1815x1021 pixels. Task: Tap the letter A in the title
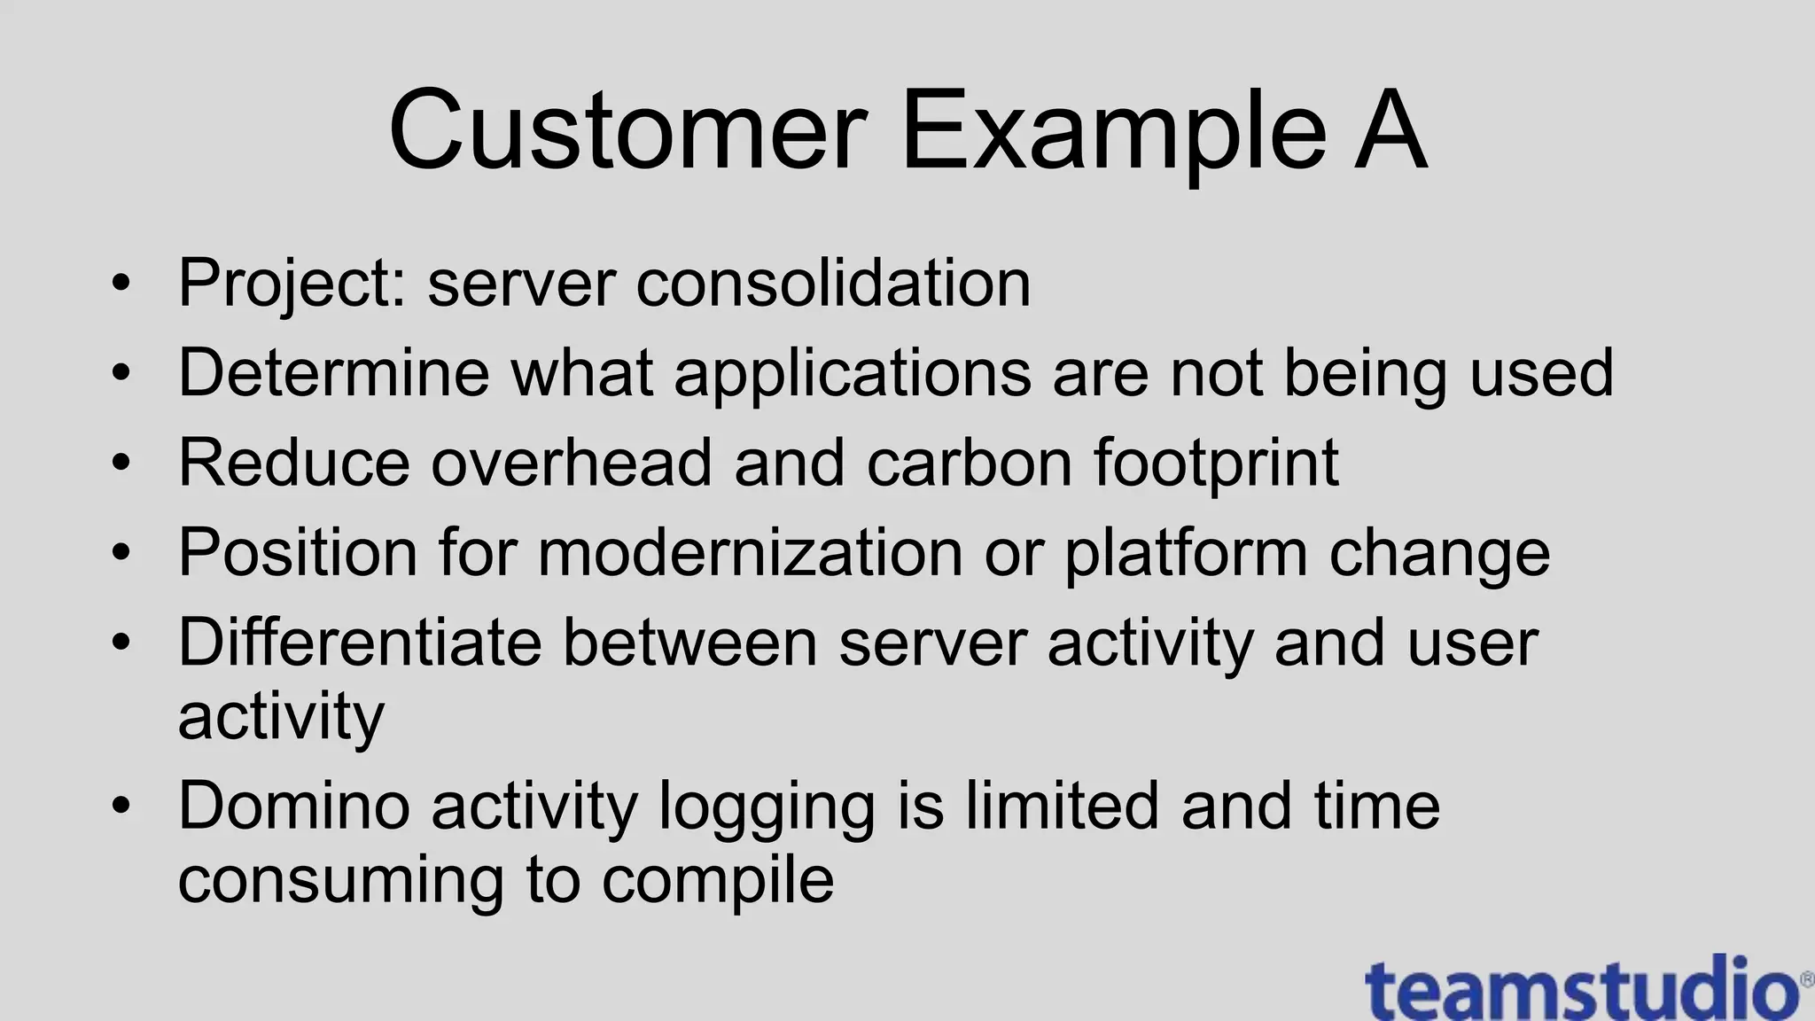tap(1389, 131)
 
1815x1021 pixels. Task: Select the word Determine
tap(333, 372)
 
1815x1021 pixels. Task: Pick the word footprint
tap(1215, 463)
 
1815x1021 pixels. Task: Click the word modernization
tap(750, 553)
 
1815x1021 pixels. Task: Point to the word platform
tap(1185, 553)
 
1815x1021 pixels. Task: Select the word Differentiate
tap(359, 643)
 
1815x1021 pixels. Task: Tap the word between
tap(689, 643)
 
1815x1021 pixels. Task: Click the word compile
tap(718, 881)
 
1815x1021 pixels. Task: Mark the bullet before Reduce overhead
tap(121, 463)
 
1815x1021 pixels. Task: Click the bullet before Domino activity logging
tap(121, 806)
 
